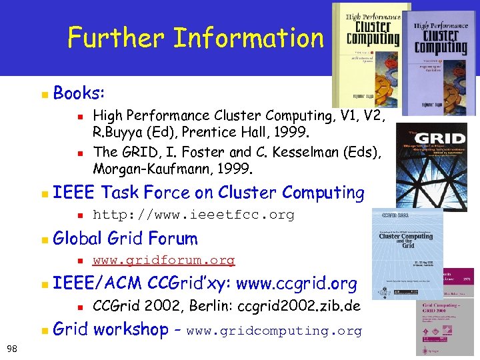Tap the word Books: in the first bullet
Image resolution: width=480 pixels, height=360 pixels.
tap(77, 93)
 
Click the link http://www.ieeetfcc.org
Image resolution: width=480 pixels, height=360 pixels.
tap(193, 215)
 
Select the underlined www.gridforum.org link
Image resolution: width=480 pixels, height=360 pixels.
tap(163, 260)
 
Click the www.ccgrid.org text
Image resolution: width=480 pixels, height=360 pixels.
tap(297, 284)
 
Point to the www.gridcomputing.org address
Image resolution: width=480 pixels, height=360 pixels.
tap(274, 331)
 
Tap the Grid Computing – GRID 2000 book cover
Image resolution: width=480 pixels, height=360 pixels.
tap(445, 327)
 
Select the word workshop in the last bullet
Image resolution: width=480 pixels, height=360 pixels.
tap(131, 329)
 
